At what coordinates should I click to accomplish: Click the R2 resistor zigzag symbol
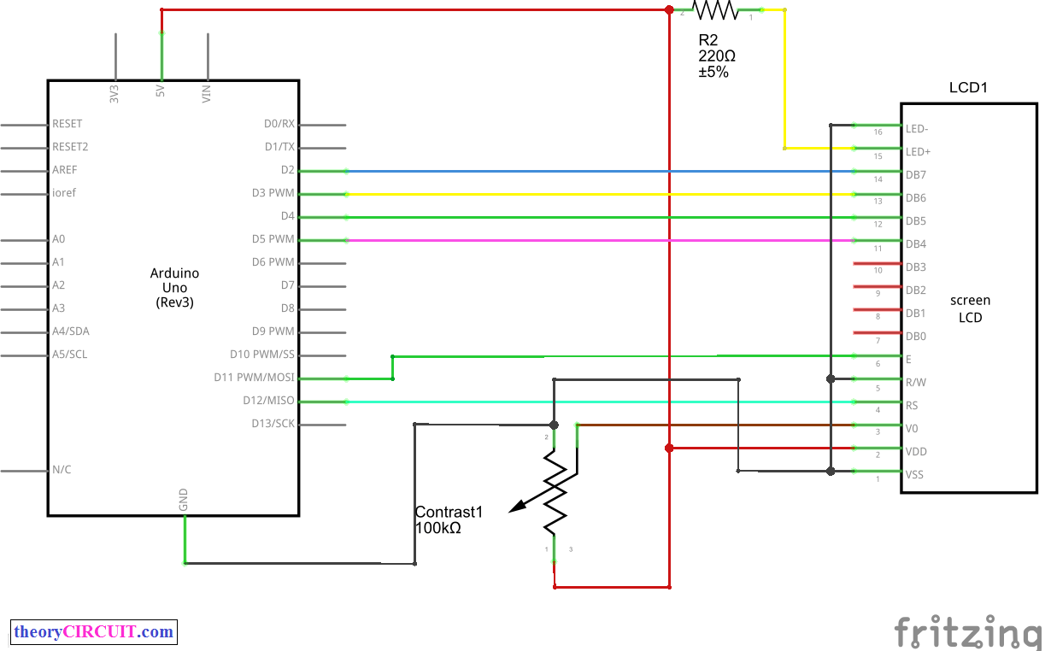(715, 10)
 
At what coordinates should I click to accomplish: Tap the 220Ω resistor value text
(716, 56)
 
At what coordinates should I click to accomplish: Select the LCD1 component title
(968, 88)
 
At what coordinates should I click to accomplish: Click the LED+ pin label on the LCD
(918, 152)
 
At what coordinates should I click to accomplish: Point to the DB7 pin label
(916, 175)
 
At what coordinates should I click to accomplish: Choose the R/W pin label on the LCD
(916, 383)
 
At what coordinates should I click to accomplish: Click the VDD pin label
(916, 452)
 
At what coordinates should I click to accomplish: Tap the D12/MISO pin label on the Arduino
(268, 400)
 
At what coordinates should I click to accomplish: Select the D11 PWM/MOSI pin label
(254, 377)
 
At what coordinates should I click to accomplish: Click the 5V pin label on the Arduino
(160, 93)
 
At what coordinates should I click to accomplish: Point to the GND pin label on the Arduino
(184, 501)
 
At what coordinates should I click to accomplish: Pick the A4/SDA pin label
(70, 331)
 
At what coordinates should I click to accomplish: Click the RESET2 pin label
(70, 146)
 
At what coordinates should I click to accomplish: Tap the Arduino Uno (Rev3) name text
(174, 288)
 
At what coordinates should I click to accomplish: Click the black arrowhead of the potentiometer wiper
(517, 508)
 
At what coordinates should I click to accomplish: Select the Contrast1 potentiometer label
(449, 513)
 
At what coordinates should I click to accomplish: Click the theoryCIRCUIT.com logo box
(94, 632)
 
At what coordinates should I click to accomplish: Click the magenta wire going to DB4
(598, 240)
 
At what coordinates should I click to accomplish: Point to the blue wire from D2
(598, 171)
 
